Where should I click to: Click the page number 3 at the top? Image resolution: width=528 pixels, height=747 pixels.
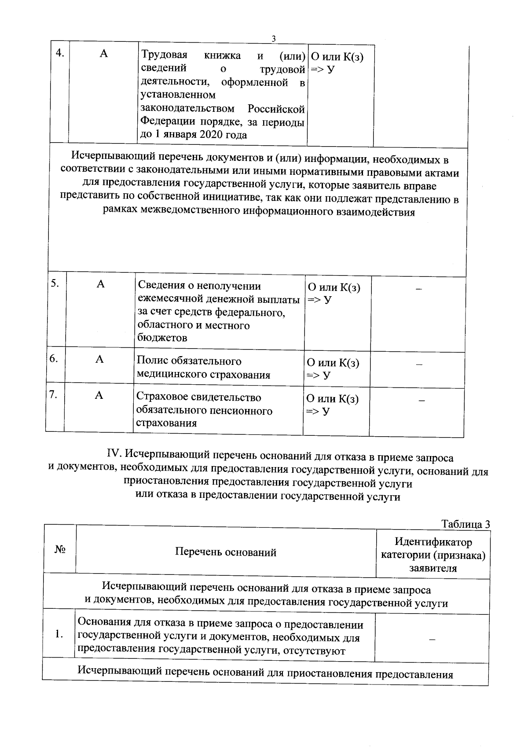273,39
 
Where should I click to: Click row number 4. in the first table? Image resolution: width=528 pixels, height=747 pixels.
60,54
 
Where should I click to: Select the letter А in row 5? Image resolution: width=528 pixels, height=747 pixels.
101,284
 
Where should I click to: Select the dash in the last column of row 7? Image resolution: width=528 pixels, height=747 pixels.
422,401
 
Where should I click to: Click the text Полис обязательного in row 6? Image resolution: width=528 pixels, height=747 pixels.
189,361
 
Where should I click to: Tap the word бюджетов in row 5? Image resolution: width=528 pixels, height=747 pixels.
162,338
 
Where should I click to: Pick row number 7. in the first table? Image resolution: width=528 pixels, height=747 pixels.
54,395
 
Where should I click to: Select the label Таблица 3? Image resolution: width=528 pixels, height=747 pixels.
466,524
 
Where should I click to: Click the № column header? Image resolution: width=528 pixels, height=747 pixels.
60,550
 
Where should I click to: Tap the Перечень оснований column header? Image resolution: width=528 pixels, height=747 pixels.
226,552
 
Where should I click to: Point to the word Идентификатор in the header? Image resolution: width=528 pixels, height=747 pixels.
433,542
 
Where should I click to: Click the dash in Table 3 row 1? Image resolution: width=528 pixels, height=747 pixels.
432,639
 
